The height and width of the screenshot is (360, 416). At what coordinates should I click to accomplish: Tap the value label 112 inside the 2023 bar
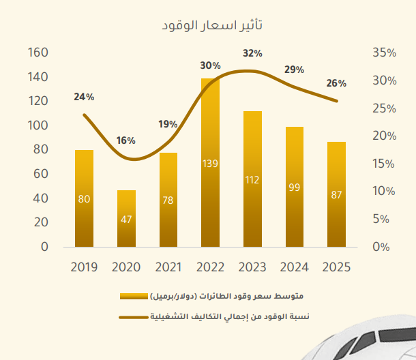[x=252, y=180]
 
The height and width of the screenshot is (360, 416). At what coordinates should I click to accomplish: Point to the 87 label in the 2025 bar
[x=336, y=195]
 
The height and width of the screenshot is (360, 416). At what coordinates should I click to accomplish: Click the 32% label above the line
[x=252, y=53]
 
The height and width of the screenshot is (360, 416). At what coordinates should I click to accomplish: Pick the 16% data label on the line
[x=126, y=140]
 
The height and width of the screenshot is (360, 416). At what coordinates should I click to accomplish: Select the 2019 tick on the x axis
[x=84, y=267]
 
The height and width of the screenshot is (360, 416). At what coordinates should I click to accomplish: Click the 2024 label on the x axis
[x=295, y=267]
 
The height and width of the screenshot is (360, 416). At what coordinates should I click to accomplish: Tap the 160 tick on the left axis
[x=38, y=52]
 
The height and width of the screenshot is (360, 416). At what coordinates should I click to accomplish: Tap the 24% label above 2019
[x=84, y=97]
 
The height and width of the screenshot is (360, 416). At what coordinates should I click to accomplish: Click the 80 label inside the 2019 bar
[x=84, y=199]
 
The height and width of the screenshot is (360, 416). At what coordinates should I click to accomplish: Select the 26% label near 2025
[x=336, y=83]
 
